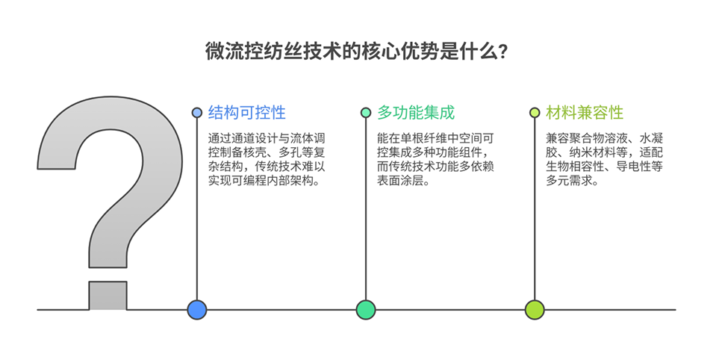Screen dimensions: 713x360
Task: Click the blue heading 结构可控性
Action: pos(247,113)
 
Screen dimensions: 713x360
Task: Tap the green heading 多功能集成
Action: pos(416,113)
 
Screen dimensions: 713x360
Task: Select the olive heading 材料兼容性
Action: pos(585,113)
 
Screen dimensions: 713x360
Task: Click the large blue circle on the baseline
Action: pos(197,310)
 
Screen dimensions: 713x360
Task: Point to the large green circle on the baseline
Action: pos(366,310)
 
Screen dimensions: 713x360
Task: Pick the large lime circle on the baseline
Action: pos(535,310)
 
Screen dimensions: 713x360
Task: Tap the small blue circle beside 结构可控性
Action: pos(197,113)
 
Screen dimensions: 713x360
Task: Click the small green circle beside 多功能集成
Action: pos(366,113)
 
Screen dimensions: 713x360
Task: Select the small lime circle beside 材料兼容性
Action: pos(535,113)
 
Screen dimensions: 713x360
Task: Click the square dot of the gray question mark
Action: pos(108,296)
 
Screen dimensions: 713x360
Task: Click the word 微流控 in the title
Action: pos(225,52)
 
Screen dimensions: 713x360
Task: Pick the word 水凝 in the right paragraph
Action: pos(652,138)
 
